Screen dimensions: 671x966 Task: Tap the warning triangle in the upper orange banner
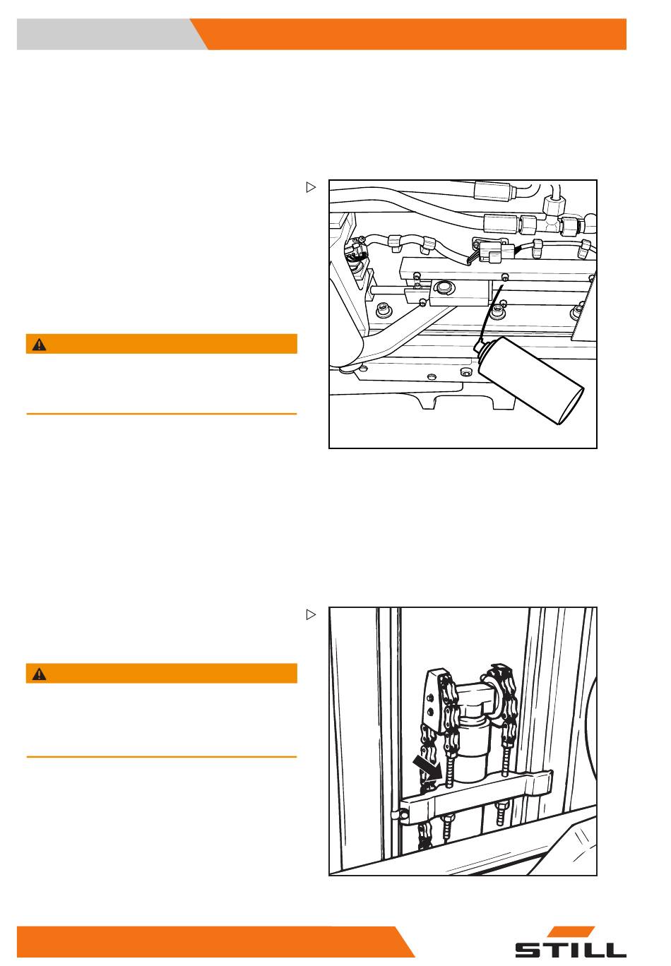40,345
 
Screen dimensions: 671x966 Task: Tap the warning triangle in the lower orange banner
40,674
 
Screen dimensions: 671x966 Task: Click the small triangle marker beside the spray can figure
311,187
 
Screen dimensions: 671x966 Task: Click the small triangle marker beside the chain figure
311,614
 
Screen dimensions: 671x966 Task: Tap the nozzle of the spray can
477,345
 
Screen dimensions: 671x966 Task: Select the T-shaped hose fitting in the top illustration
555,215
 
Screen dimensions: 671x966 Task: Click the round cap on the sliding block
442,286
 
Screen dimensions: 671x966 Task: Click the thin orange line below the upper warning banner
162,414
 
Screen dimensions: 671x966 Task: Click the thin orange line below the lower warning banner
162,757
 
